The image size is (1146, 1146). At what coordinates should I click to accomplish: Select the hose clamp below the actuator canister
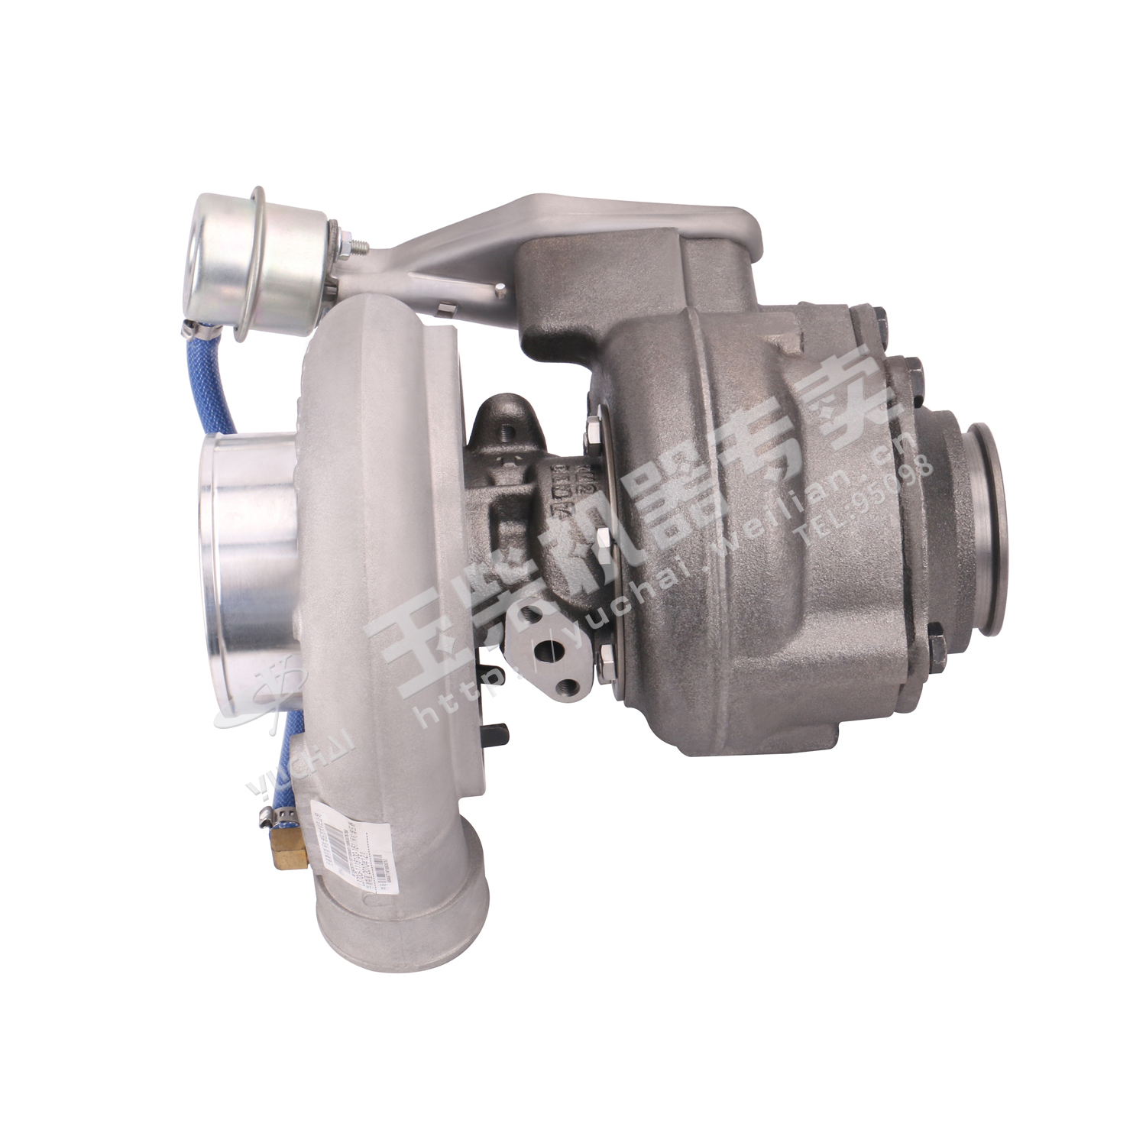click(x=197, y=330)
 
